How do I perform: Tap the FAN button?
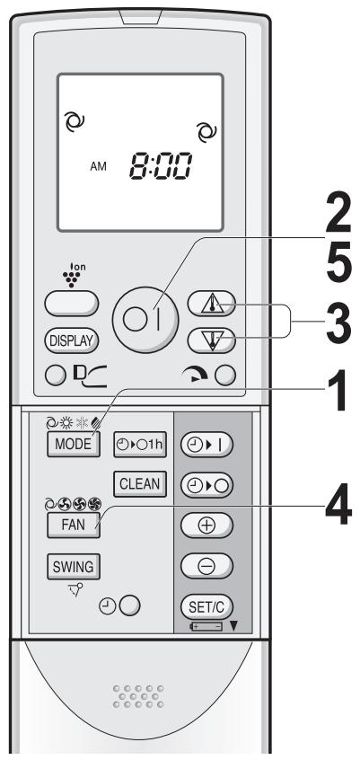pos(74,526)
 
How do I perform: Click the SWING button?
pos(74,567)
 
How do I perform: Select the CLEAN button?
pos(140,483)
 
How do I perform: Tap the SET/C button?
pos(206,606)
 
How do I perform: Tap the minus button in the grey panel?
pos(206,566)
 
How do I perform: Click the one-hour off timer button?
pos(140,444)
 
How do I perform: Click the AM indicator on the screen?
pos(99,167)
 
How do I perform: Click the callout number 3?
pos(338,322)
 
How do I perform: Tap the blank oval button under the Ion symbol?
pos(71,304)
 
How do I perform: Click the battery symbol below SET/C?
pos(206,627)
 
